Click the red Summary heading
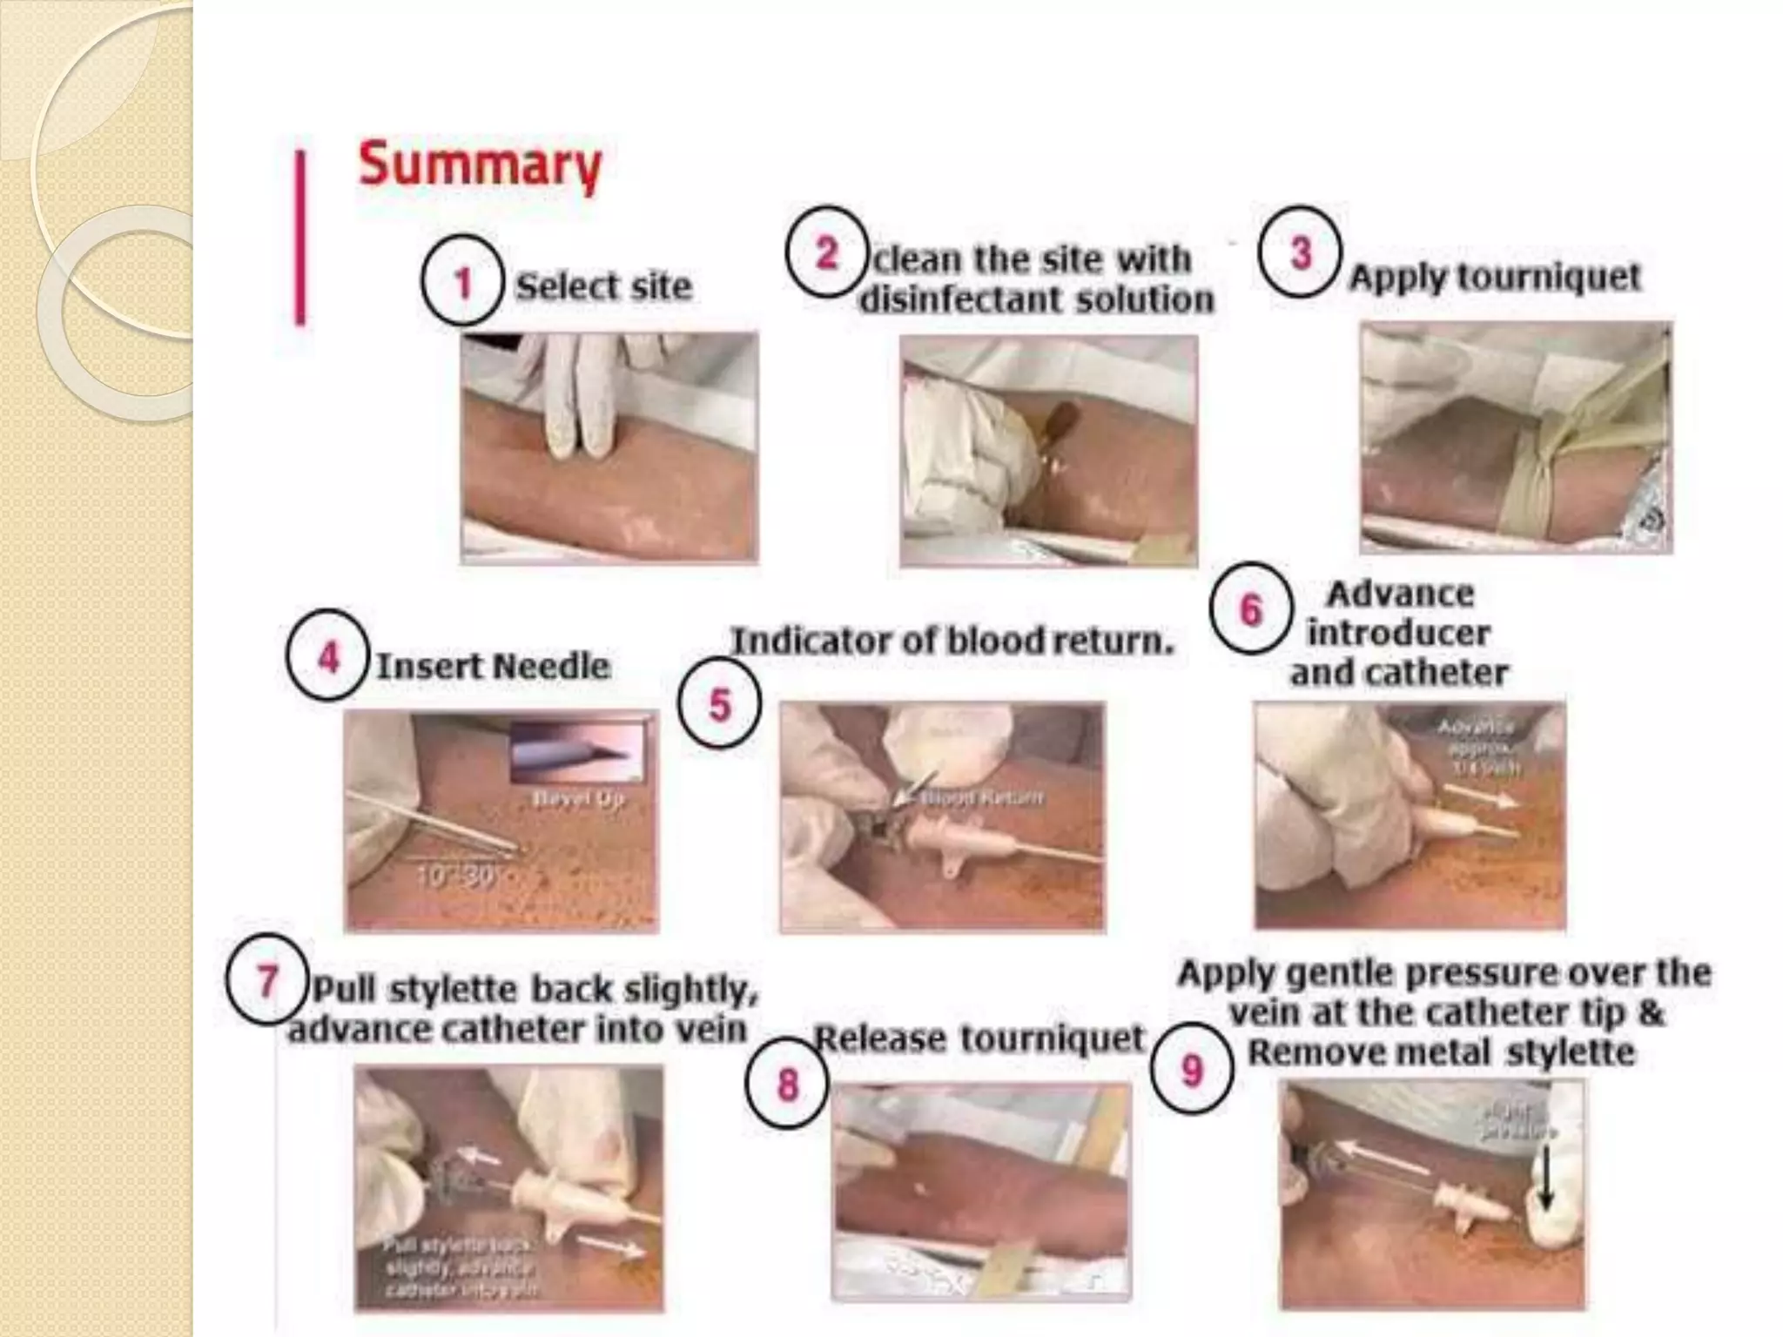pyautogui.click(x=480, y=165)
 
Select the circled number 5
pyautogui.click(x=719, y=703)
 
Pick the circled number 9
pyautogui.click(x=1191, y=1070)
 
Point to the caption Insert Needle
pyautogui.click(x=493, y=666)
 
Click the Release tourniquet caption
pyautogui.click(x=979, y=1038)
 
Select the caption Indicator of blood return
pyautogui.click(x=952, y=641)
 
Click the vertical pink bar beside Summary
pyautogui.click(x=300, y=238)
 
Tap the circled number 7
pyautogui.click(x=266, y=980)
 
